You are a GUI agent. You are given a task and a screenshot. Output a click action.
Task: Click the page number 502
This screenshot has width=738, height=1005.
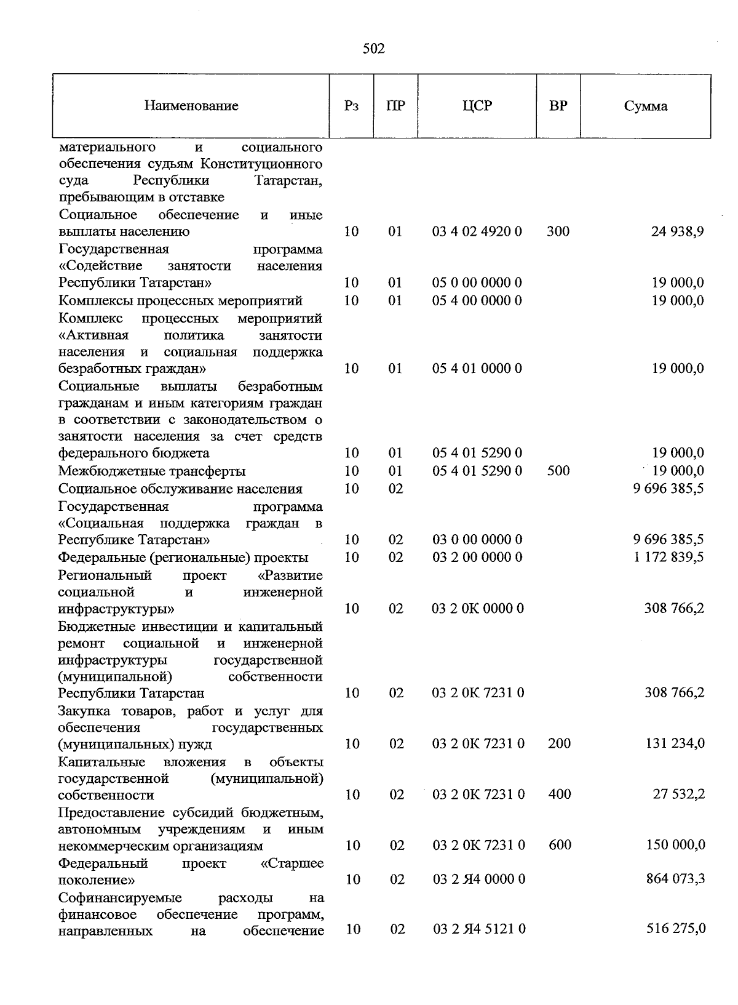click(374, 49)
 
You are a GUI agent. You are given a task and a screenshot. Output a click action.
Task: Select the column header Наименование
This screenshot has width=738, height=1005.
click(191, 106)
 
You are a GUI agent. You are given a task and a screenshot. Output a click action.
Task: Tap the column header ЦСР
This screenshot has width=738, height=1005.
click(477, 106)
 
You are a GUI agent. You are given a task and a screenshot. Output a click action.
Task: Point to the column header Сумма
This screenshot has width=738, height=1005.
click(646, 106)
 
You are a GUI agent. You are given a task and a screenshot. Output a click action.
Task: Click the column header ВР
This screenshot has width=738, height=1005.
click(558, 106)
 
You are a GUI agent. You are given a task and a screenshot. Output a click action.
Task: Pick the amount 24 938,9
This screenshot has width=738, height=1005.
click(677, 231)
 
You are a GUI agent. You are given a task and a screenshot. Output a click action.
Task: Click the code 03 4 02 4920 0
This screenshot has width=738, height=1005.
click(477, 231)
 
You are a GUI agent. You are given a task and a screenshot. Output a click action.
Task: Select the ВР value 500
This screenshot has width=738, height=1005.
click(558, 471)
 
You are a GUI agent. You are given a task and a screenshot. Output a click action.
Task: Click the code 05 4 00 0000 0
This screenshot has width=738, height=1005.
click(477, 300)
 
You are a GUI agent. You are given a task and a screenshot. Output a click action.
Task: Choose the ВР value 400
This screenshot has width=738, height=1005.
click(560, 794)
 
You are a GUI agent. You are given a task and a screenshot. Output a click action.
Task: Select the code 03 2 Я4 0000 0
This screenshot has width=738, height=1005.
click(479, 879)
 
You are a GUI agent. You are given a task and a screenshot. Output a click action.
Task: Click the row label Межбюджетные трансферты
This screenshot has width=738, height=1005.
click(152, 471)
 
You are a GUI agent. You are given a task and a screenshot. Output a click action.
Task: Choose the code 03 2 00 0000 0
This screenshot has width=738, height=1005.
click(477, 557)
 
